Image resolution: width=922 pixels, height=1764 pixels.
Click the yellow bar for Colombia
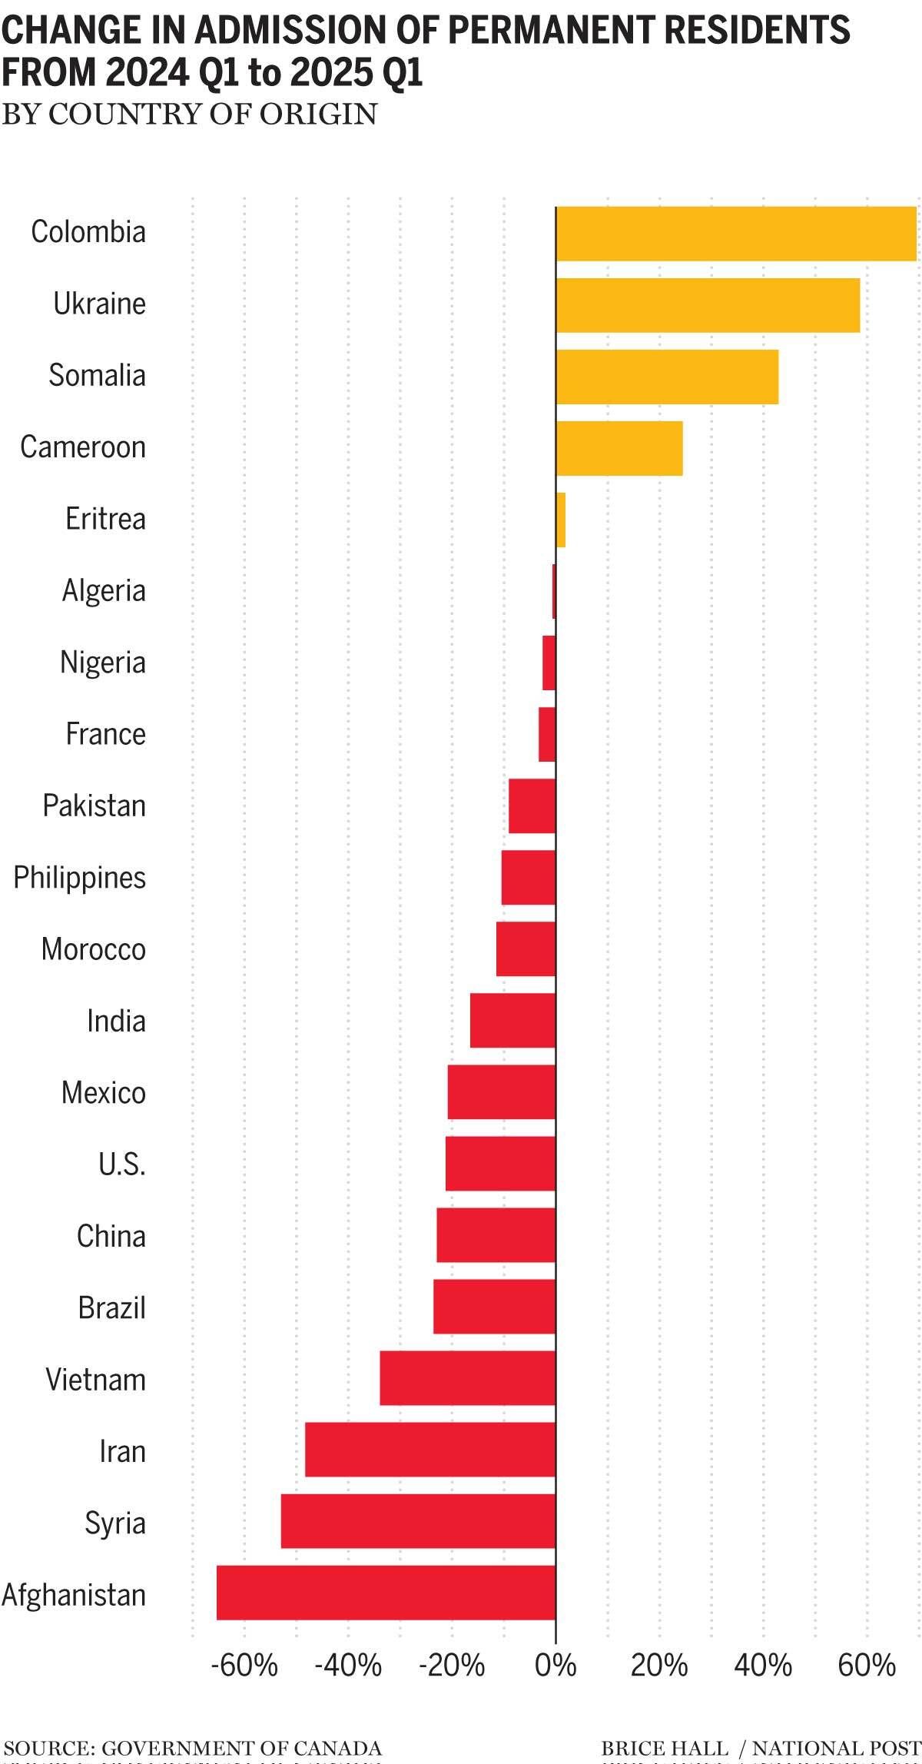coord(736,234)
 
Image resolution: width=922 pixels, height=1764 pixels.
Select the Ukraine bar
coord(707,305)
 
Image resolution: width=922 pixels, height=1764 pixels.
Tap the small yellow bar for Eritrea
coord(561,520)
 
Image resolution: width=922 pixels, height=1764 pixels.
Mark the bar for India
coord(512,1021)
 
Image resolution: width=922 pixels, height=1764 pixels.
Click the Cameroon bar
coord(619,448)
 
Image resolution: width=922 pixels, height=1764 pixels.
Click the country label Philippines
coord(80,878)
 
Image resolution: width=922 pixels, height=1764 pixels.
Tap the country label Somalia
coord(97,376)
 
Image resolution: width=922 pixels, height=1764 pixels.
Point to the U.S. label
coord(122,1164)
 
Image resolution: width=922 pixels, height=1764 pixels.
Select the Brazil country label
coord(111,1308)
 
